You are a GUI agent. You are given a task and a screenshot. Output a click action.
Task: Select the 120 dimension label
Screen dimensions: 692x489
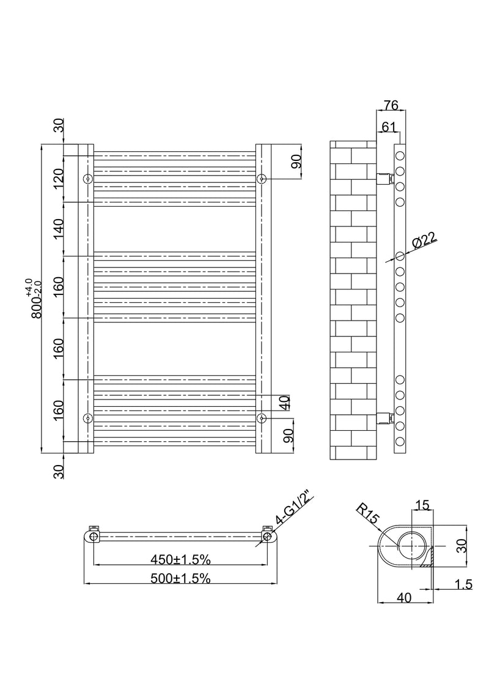[x=58, y=179]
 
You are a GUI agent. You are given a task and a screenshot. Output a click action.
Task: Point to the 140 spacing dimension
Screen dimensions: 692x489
[x=58, y=229]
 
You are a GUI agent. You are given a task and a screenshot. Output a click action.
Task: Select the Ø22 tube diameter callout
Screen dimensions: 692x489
[x=424, y=240]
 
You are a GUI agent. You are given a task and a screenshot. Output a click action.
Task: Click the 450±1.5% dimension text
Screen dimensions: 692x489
[x=181, y=559]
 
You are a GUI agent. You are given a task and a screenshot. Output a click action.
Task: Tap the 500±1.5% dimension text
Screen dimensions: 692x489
[x=181, y=578]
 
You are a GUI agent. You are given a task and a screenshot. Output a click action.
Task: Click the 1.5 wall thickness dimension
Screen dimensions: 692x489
[x=463, y=584]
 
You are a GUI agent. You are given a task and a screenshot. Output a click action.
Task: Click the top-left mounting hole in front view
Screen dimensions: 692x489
[x=88, y=179]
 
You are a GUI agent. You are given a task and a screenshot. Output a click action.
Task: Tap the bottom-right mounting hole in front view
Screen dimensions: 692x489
[x=262, y=418]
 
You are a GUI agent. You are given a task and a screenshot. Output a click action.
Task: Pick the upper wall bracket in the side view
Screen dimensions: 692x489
[x=383, y=179]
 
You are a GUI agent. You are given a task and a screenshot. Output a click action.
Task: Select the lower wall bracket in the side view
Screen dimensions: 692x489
[x=383, y=418]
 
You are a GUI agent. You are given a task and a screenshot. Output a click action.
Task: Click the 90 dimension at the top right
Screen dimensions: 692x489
[x=295, y=162]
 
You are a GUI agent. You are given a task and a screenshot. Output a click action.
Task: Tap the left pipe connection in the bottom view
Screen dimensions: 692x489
[x=93, y=536]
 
